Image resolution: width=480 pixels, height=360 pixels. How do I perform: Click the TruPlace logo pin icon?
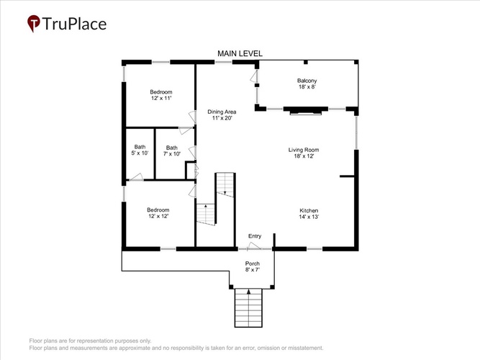click(34, 23)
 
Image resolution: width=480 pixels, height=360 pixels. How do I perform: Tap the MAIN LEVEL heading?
click(240, 53)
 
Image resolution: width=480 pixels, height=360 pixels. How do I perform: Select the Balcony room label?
click(307, 81)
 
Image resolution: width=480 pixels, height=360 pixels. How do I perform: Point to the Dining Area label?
click(222, 112)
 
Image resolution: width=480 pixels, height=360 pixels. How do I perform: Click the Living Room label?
click(304, 150)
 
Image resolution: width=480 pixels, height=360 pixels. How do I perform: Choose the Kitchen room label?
click(309, 210)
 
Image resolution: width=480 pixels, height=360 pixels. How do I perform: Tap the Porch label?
click(253, 264)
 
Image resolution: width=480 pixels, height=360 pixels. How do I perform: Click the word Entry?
click(255, 236)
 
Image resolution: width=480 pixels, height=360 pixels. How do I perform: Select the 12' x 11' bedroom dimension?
click(161, 98)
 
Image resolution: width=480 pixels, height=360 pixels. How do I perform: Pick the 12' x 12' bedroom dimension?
click(158, 216)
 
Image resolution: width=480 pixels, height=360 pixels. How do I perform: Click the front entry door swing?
click(255, 246)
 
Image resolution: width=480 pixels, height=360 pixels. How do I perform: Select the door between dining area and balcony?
click(254, 76)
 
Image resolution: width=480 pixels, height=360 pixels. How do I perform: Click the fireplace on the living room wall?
click(306, 111)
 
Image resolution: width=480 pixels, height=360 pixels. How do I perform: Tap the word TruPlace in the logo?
click(74, 24)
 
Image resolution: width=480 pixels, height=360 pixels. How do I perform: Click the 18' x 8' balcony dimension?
click(307, 86)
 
